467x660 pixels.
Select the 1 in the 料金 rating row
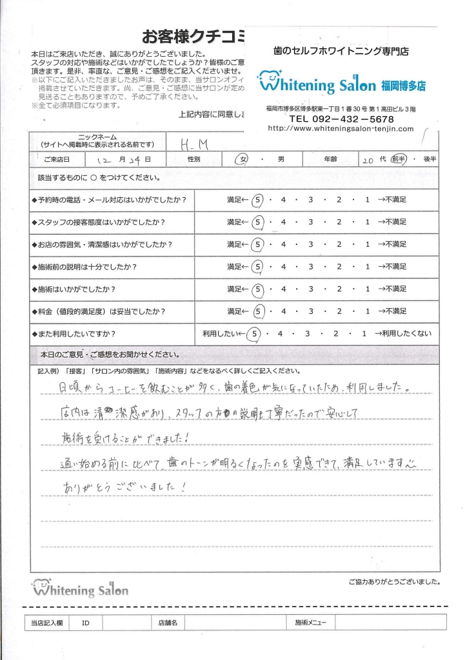pos(367,311)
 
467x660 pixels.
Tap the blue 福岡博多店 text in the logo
pos(403,85)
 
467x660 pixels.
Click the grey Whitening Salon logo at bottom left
pos(80,588)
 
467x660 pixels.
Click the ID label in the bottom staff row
pos(86,623)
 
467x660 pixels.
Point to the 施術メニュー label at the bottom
pos(310,623)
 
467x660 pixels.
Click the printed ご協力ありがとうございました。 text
pos(394,581)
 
